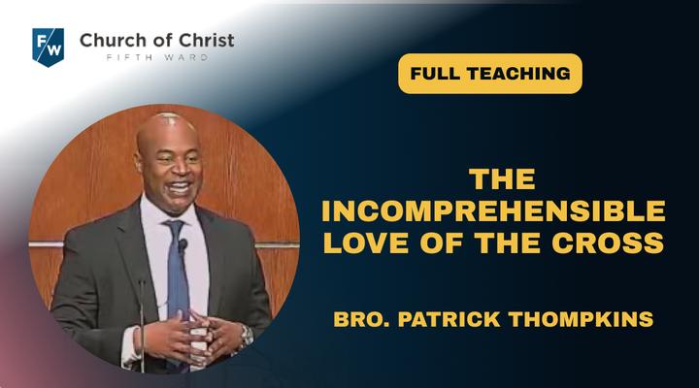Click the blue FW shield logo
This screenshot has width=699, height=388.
click(x=49, y=47)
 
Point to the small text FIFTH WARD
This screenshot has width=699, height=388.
click(x=157, y=57)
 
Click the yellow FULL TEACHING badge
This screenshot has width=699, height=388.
click(x=490, y=74)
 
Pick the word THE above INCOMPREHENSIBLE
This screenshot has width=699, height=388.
click(x=502, y=179)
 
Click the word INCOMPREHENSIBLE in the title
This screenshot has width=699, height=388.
click(x=493, y=211)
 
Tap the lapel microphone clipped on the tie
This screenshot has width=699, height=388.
click(x=183, y=245)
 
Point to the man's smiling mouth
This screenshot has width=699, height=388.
click(x=180, y=187)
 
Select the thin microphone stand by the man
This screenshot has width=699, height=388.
click(x=142, y=326)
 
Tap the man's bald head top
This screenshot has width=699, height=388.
click(x=166, y=122)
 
